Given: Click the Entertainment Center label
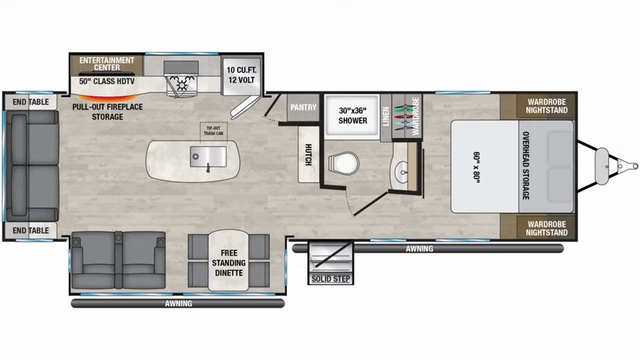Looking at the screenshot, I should coord(106,63).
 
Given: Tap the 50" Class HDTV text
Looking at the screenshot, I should coord(106,80).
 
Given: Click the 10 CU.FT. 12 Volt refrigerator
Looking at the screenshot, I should coord(242,74).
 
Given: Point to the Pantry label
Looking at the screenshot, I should coord(304,107).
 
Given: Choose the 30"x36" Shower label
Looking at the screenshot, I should coord(352,115).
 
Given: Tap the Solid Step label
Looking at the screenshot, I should coord(330,279).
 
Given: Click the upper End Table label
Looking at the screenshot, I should coord(31,102).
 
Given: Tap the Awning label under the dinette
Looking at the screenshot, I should coord(178,304).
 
